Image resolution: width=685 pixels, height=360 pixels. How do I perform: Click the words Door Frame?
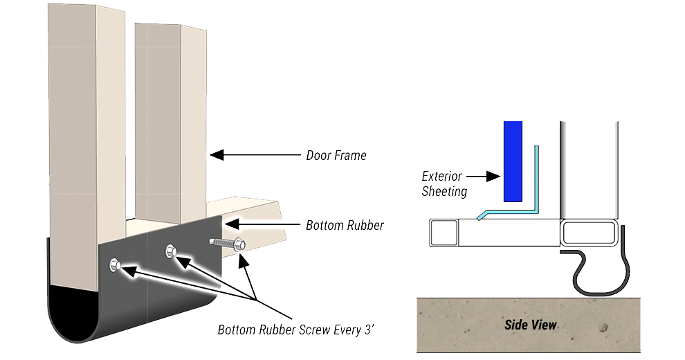pos(336,156)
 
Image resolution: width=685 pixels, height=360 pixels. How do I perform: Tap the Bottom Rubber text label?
pos(345,225)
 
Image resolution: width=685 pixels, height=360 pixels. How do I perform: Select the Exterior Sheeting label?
pos(444,184)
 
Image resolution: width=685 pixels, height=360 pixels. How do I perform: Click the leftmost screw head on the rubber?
pos(115,263)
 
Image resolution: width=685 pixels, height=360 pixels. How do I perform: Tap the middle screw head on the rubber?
pos(170,251)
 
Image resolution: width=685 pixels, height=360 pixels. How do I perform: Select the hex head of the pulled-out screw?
pos(239,244)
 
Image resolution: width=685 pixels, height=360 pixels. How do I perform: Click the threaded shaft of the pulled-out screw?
pos(221,244)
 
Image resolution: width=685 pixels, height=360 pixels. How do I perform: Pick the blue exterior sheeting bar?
pos(512,161)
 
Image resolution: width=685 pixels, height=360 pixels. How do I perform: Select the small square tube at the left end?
pos(444,232)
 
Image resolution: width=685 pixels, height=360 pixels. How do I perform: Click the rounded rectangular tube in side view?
pos(590,232)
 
